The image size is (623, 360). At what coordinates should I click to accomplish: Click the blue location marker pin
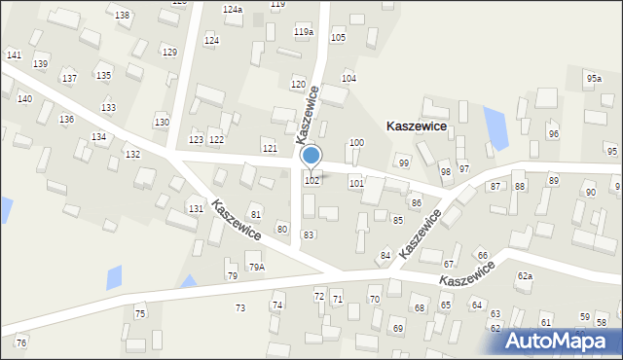311,156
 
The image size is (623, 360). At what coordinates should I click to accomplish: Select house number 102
312,181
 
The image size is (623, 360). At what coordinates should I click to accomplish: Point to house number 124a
232,9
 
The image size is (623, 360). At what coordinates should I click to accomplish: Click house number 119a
304,32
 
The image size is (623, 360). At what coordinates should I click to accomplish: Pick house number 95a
594,77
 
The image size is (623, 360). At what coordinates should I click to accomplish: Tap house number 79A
256,267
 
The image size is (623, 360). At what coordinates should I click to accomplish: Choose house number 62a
525,276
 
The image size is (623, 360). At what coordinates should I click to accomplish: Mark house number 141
14,55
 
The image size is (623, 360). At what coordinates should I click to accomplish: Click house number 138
122,16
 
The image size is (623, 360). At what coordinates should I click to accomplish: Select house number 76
21,342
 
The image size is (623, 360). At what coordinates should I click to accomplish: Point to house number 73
240,308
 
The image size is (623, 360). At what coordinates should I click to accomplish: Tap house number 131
196,209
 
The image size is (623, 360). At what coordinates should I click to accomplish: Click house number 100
356,143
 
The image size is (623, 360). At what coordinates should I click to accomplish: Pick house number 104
348,78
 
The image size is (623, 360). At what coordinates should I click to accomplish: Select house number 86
416,202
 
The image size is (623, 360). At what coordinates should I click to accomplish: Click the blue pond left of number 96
495,126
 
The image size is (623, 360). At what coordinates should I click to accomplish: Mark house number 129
169,53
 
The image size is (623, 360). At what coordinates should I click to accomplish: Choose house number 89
554,181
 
